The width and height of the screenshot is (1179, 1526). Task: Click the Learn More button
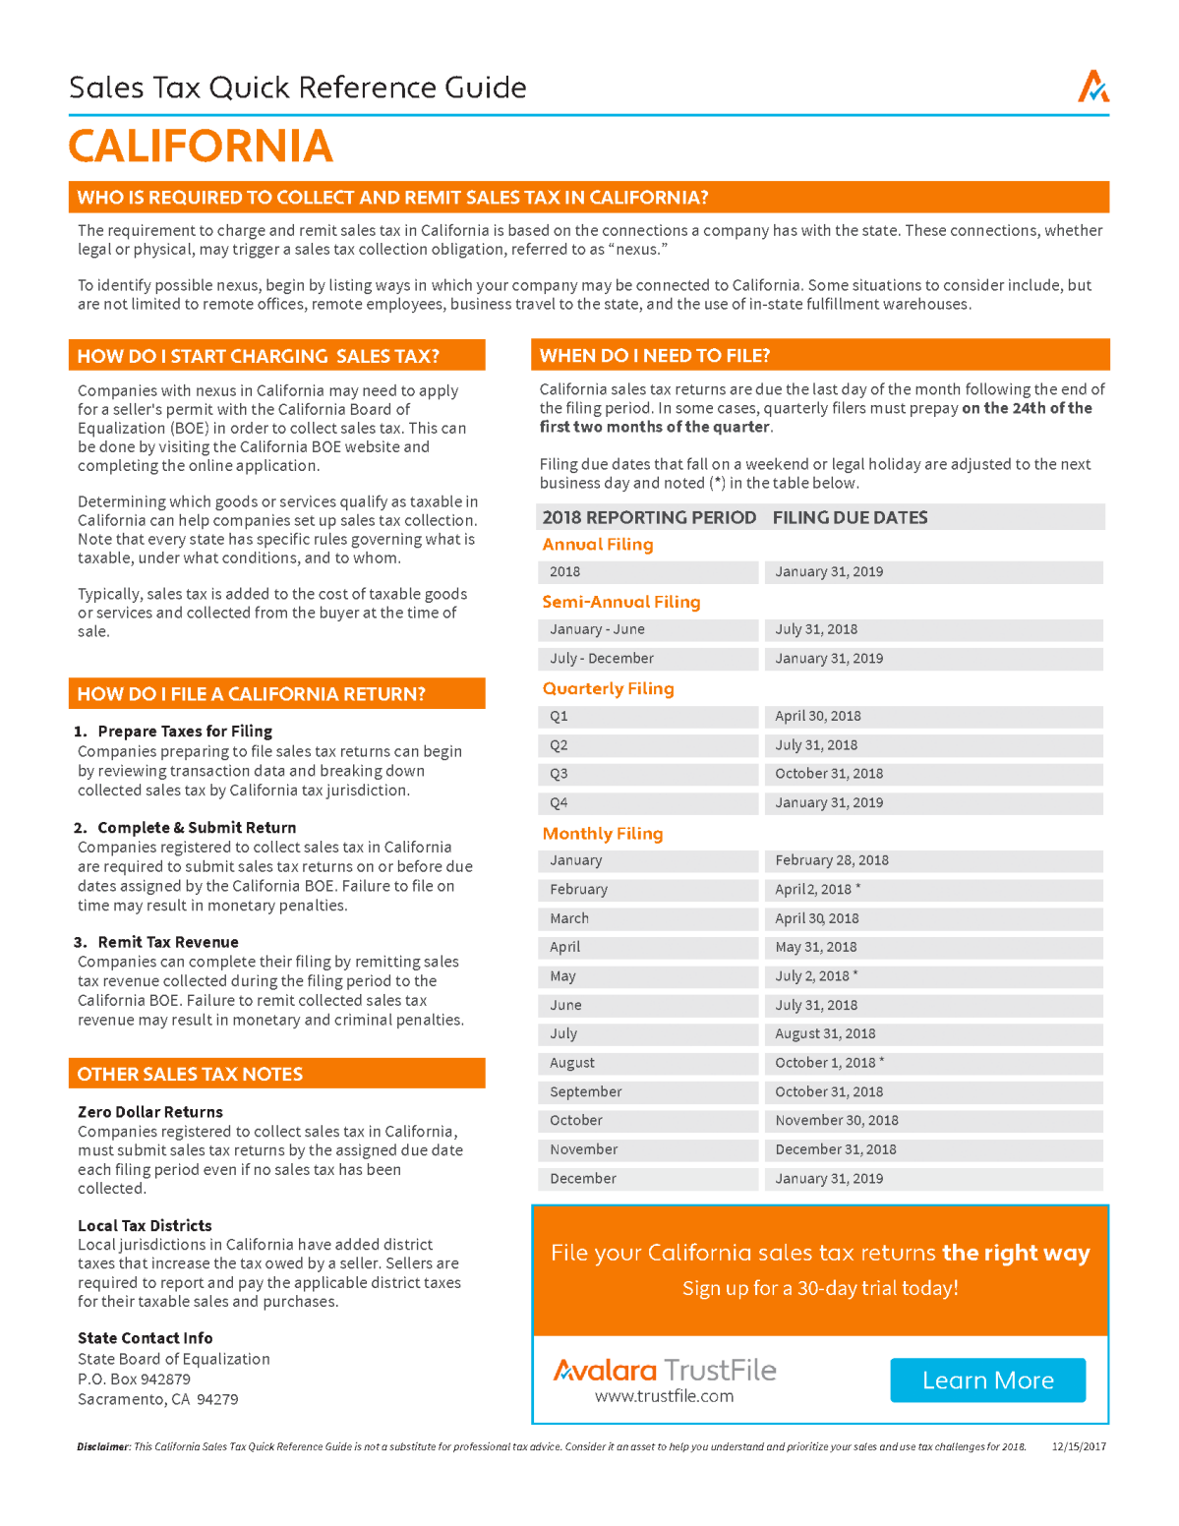(987, 1380)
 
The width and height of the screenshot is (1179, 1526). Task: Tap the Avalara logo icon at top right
(1092, 87)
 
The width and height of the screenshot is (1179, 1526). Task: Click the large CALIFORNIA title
(201, 147)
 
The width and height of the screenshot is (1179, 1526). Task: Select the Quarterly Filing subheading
(608, 688)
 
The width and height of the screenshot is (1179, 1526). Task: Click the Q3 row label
(559, 774)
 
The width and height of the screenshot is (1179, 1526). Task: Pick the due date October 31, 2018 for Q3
(828, 774)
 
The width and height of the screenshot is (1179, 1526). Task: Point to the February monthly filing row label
(578, 890)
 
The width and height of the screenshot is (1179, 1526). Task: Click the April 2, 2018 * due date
(817, 890)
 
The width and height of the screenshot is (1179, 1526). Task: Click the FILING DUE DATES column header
(850, 517)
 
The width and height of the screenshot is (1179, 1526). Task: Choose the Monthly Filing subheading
(602, 834)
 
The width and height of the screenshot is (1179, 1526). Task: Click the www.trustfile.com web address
(664, 1396)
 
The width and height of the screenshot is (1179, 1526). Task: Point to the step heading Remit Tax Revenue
(167, 942)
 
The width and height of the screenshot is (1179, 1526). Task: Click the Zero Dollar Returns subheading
(149, 1112)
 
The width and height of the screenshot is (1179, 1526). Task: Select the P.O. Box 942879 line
(134, 1379)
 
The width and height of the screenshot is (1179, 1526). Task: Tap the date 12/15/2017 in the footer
(1078, 1446)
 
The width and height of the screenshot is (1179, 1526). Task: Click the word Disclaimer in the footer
(102, 1446)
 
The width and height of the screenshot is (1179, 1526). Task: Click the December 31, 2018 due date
(835, 1149)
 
